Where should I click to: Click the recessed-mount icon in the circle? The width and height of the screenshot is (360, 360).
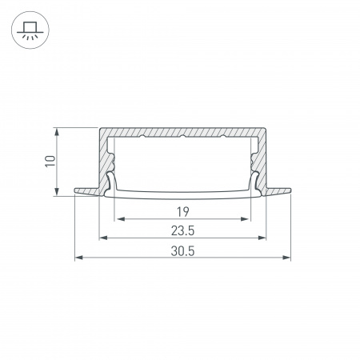click(30, 30)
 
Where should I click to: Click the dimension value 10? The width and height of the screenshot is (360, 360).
click(50, 161)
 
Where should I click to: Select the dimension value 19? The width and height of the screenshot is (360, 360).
click(183, 212)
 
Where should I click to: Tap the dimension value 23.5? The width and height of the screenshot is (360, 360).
click(182, 230)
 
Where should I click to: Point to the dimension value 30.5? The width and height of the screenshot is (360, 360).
click(182, 251)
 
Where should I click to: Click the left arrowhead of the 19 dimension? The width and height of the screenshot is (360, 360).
click(121, 219)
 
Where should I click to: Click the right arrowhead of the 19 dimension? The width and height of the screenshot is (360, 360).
click(244, 219)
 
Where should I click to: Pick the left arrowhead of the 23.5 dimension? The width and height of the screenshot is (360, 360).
click(103, 238)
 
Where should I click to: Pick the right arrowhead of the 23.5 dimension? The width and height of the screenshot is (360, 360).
click(262, 238)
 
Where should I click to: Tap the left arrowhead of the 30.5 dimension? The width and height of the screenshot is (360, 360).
click(79, 258)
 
